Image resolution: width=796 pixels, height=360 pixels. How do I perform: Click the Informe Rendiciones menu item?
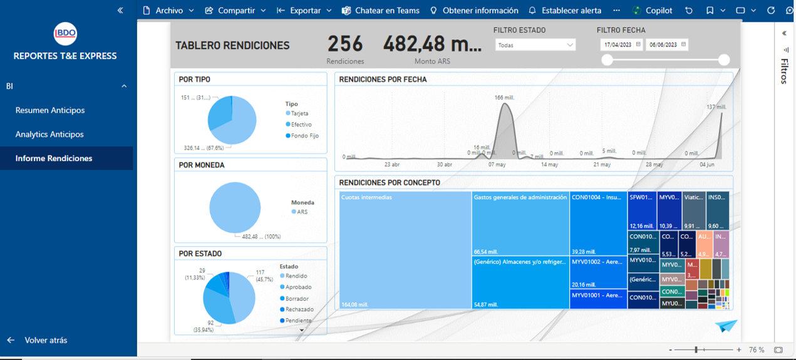point(54,158)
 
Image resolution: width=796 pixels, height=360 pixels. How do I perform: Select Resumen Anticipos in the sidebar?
point(50,110)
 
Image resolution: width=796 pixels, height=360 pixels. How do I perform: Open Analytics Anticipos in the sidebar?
point(49,134)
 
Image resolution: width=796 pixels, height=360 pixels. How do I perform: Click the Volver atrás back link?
point(46,340)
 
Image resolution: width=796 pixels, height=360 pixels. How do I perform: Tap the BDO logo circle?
point(65,34)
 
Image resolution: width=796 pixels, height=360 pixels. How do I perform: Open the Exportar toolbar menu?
point(304,11)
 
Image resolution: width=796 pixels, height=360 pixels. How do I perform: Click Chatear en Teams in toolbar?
point(381,11)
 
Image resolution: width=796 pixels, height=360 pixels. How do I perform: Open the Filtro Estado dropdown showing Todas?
point(535,45)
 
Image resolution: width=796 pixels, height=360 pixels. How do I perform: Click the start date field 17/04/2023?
point(621,45)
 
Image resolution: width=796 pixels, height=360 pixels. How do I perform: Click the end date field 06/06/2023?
point(667,45)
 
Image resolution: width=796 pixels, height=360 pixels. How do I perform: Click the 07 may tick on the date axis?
point(497,165)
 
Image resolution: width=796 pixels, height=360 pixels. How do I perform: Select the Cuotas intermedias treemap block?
point(405,250)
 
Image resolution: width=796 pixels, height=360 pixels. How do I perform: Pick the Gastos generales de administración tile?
point(520,223)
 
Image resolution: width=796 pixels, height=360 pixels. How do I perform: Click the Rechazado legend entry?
point(299,309)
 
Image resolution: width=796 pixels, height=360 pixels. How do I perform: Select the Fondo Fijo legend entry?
point(304,136)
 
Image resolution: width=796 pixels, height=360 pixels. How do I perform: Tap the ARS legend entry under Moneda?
point(302,212)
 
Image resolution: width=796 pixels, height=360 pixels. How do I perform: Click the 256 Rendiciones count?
point(345,44)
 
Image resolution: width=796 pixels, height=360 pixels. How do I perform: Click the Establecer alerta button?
point(565,11)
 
